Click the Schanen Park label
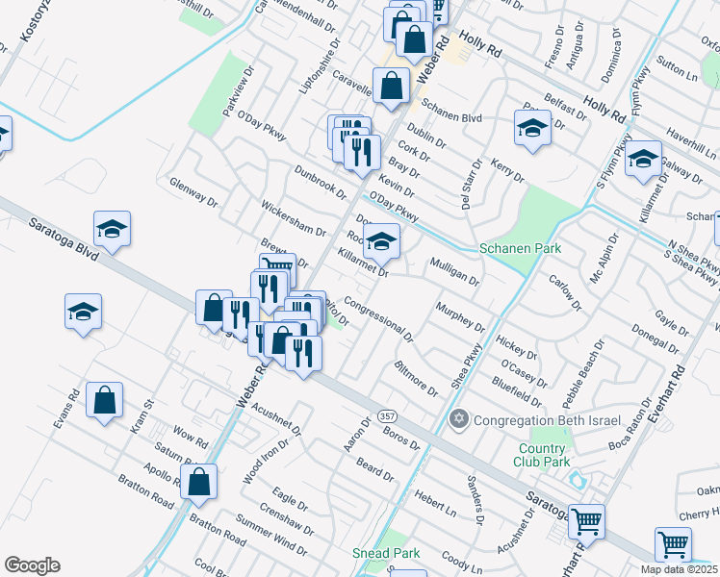point(521,248)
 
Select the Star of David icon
point(460,420)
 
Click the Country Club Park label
point(542,457)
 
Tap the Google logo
point(32,564)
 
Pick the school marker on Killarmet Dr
point(382,243)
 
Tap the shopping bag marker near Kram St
point(104,402)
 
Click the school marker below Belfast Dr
point(532,129)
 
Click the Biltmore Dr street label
point(416,379)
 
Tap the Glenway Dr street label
point(193,192)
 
